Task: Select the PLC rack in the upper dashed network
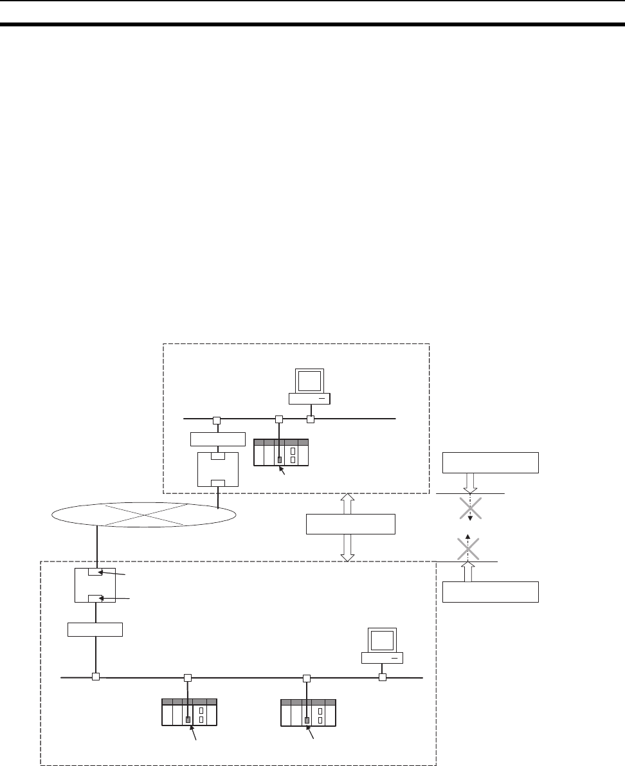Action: pos(281,453)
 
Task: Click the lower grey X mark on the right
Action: pos(468,547)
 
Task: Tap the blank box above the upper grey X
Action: pos(490,462)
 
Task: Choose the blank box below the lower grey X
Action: pos(490,591)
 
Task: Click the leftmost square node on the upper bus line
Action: pos(217,420)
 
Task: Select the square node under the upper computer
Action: pos(310,420)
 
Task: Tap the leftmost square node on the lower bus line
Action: pos(95,677)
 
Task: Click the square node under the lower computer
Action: pos(382,677)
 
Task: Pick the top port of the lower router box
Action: pos(95,573)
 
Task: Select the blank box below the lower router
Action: pos(95,628)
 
